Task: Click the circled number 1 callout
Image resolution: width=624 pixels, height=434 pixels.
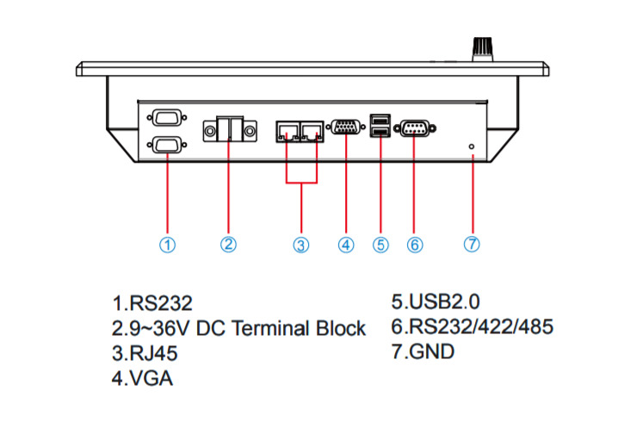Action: [x=168, y=245]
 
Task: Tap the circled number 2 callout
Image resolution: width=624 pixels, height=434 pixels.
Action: [x=228, y=245]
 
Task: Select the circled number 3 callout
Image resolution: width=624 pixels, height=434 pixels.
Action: [x=300, y=245]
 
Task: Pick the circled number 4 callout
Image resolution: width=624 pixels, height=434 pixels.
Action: [x=346, y=245]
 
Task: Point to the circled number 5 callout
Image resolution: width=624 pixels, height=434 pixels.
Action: [x=380, y=245]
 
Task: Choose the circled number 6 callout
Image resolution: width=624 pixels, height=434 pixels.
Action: [x=415, y=245]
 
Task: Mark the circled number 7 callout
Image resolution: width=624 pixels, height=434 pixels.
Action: [x=472, y=244]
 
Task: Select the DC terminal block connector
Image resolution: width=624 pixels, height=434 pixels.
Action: [x=229, y=131]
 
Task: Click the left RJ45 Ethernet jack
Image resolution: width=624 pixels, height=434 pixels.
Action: [x=287, y=132]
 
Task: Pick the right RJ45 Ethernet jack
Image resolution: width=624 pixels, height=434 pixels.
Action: [x=314, y=132]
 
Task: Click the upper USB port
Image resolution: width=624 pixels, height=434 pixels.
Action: [x=380, y=120]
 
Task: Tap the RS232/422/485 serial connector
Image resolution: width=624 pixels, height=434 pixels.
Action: [x=415, y=129]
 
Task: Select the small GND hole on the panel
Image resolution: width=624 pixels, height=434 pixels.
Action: [x=472, y=147]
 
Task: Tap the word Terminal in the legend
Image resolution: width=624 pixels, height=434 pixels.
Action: [x=269, y=328]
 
